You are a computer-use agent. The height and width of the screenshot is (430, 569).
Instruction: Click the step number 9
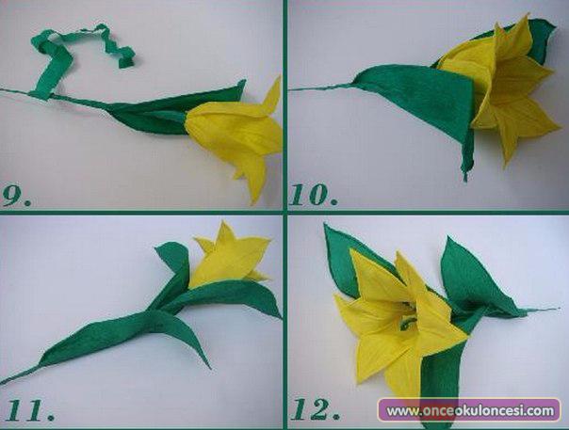point(16,196)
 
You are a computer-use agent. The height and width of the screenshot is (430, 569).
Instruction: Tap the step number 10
point(314,195)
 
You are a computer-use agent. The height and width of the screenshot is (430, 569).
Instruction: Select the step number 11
point(30,409)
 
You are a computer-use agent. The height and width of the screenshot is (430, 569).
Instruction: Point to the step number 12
point(316,409)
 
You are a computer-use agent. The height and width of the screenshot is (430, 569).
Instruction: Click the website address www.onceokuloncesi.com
point(470,411)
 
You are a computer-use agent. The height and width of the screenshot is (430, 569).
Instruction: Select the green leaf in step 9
point(174,111)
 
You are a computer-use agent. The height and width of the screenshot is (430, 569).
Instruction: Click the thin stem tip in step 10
point(293,88)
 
